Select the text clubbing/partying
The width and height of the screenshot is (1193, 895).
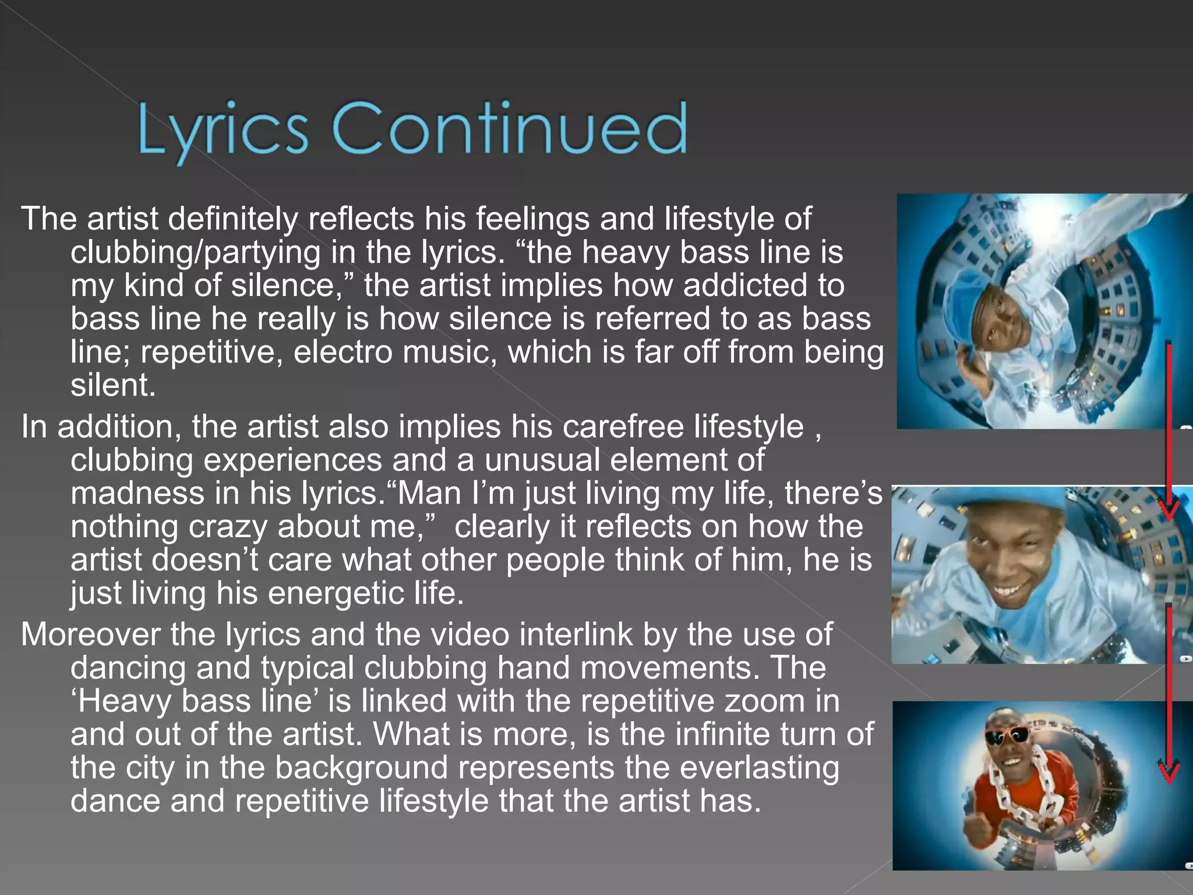pyautogui.click(x=195, y=252)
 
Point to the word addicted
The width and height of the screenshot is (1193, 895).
pyautogui.click(x=764, y=286)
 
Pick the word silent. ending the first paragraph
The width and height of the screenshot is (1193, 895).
pyautogui.click(x=113, y=386)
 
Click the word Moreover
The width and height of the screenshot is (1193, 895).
pyautogui.click(x=90, y=634)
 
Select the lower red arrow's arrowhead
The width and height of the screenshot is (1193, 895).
pyautogui.click(x=1168, y=771)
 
